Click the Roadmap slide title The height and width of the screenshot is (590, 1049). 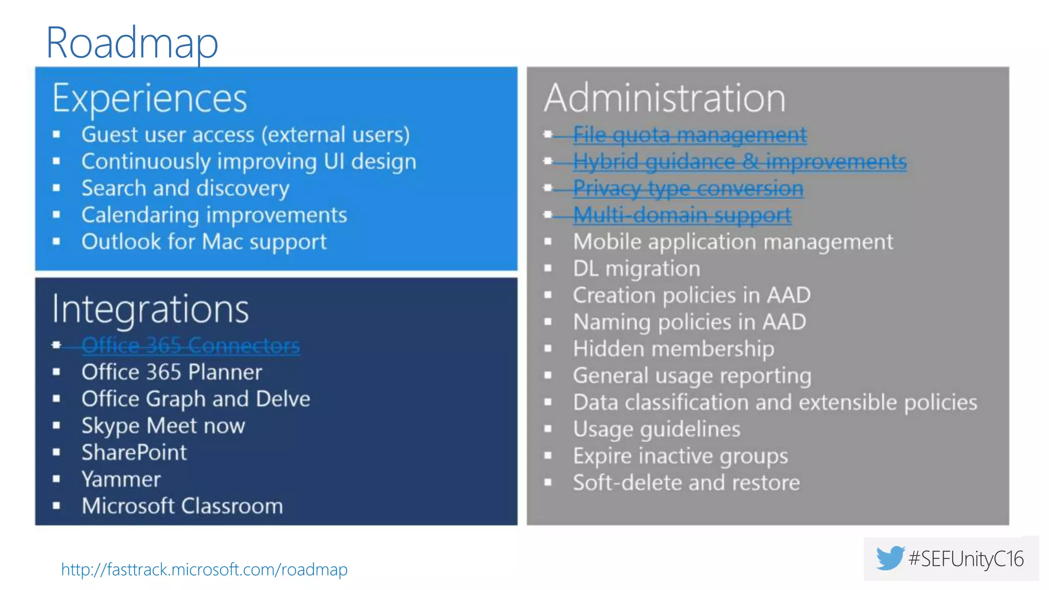[132, 43]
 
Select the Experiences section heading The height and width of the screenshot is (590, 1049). [150, 98]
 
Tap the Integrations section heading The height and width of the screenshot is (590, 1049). [151, 309]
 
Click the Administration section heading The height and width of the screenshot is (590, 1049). [664, 98]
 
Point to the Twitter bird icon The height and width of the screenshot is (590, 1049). [890, 558]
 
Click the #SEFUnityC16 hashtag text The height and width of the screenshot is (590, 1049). [966, 559]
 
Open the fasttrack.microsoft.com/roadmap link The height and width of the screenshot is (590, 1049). [204, 570]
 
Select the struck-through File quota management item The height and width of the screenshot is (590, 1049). [689, 135]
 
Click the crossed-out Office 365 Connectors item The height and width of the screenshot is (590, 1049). [191, 346]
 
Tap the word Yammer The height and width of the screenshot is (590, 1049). [121, 479]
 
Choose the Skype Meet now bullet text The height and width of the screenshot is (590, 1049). [163, 426]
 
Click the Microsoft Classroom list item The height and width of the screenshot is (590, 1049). [182, 506]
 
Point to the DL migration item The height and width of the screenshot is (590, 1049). [636, 269]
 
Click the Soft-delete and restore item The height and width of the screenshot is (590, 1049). [686, 483]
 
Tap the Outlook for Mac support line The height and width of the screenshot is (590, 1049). [204, 242]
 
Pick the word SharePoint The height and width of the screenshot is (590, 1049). [134, 453]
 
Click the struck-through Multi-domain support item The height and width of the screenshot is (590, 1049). [682, 215]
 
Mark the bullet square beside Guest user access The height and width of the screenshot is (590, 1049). [56, 135]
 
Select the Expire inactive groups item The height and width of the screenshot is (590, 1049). [680, 456]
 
